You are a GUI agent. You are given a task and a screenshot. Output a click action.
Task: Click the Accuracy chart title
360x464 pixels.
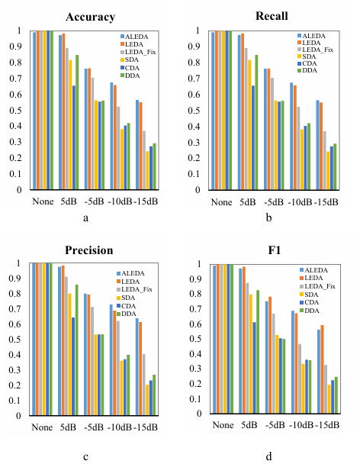pyautogui.click(x=90, y=17)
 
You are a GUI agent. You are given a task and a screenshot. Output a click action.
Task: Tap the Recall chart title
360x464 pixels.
pyautogui.click(x=272, y=16)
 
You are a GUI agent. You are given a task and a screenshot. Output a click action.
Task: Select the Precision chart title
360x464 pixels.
pyautogui.click(x=89, y=250)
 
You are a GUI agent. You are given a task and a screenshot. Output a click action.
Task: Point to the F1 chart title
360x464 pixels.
pyautogui.click(x=275, y=250)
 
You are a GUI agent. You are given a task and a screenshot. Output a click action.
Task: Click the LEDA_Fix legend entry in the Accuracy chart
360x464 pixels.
pyautogui.click(x=138, y=52)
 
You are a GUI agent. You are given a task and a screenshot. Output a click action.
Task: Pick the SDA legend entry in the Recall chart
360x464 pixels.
pyautogui.click(x=307, y=56)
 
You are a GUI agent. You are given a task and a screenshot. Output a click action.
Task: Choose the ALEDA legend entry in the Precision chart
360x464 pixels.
pyautogui.click(x=130, y=273)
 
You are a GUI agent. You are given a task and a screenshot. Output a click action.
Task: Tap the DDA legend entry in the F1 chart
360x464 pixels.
pyautogui.click(x=310, y=311)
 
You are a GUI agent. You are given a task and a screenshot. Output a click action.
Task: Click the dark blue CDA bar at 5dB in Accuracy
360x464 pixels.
pyautogui.click(x=74, y=137)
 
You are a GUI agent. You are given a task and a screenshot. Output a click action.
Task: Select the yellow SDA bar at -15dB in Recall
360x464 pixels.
pyautogui.click(x=328, y=171)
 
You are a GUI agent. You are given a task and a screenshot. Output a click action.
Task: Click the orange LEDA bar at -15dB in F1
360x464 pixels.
pyautogui.click(x=322, y=369)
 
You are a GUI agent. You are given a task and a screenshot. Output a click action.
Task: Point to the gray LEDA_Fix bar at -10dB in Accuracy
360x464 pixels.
pyautogui.click(x=119, y=148)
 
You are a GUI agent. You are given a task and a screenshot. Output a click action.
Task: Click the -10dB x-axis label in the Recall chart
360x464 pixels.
pyautogui.click(x=301, y=202)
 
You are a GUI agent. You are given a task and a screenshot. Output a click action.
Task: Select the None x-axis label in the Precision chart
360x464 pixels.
pyautogui.click(x=42, y=427)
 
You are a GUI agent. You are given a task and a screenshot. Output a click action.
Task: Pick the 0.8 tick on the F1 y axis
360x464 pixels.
pyautogui.click(x=197, y=294)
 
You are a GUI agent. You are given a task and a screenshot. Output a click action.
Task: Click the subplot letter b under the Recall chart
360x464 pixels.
pyautogui.click(x=268, y=217)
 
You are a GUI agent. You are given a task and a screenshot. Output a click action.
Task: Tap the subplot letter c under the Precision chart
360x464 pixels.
pyautogui.click(x=85, y=457)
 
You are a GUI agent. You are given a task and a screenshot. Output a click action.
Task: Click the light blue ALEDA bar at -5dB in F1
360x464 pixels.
pyautogui.click(x=266, y=357)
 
